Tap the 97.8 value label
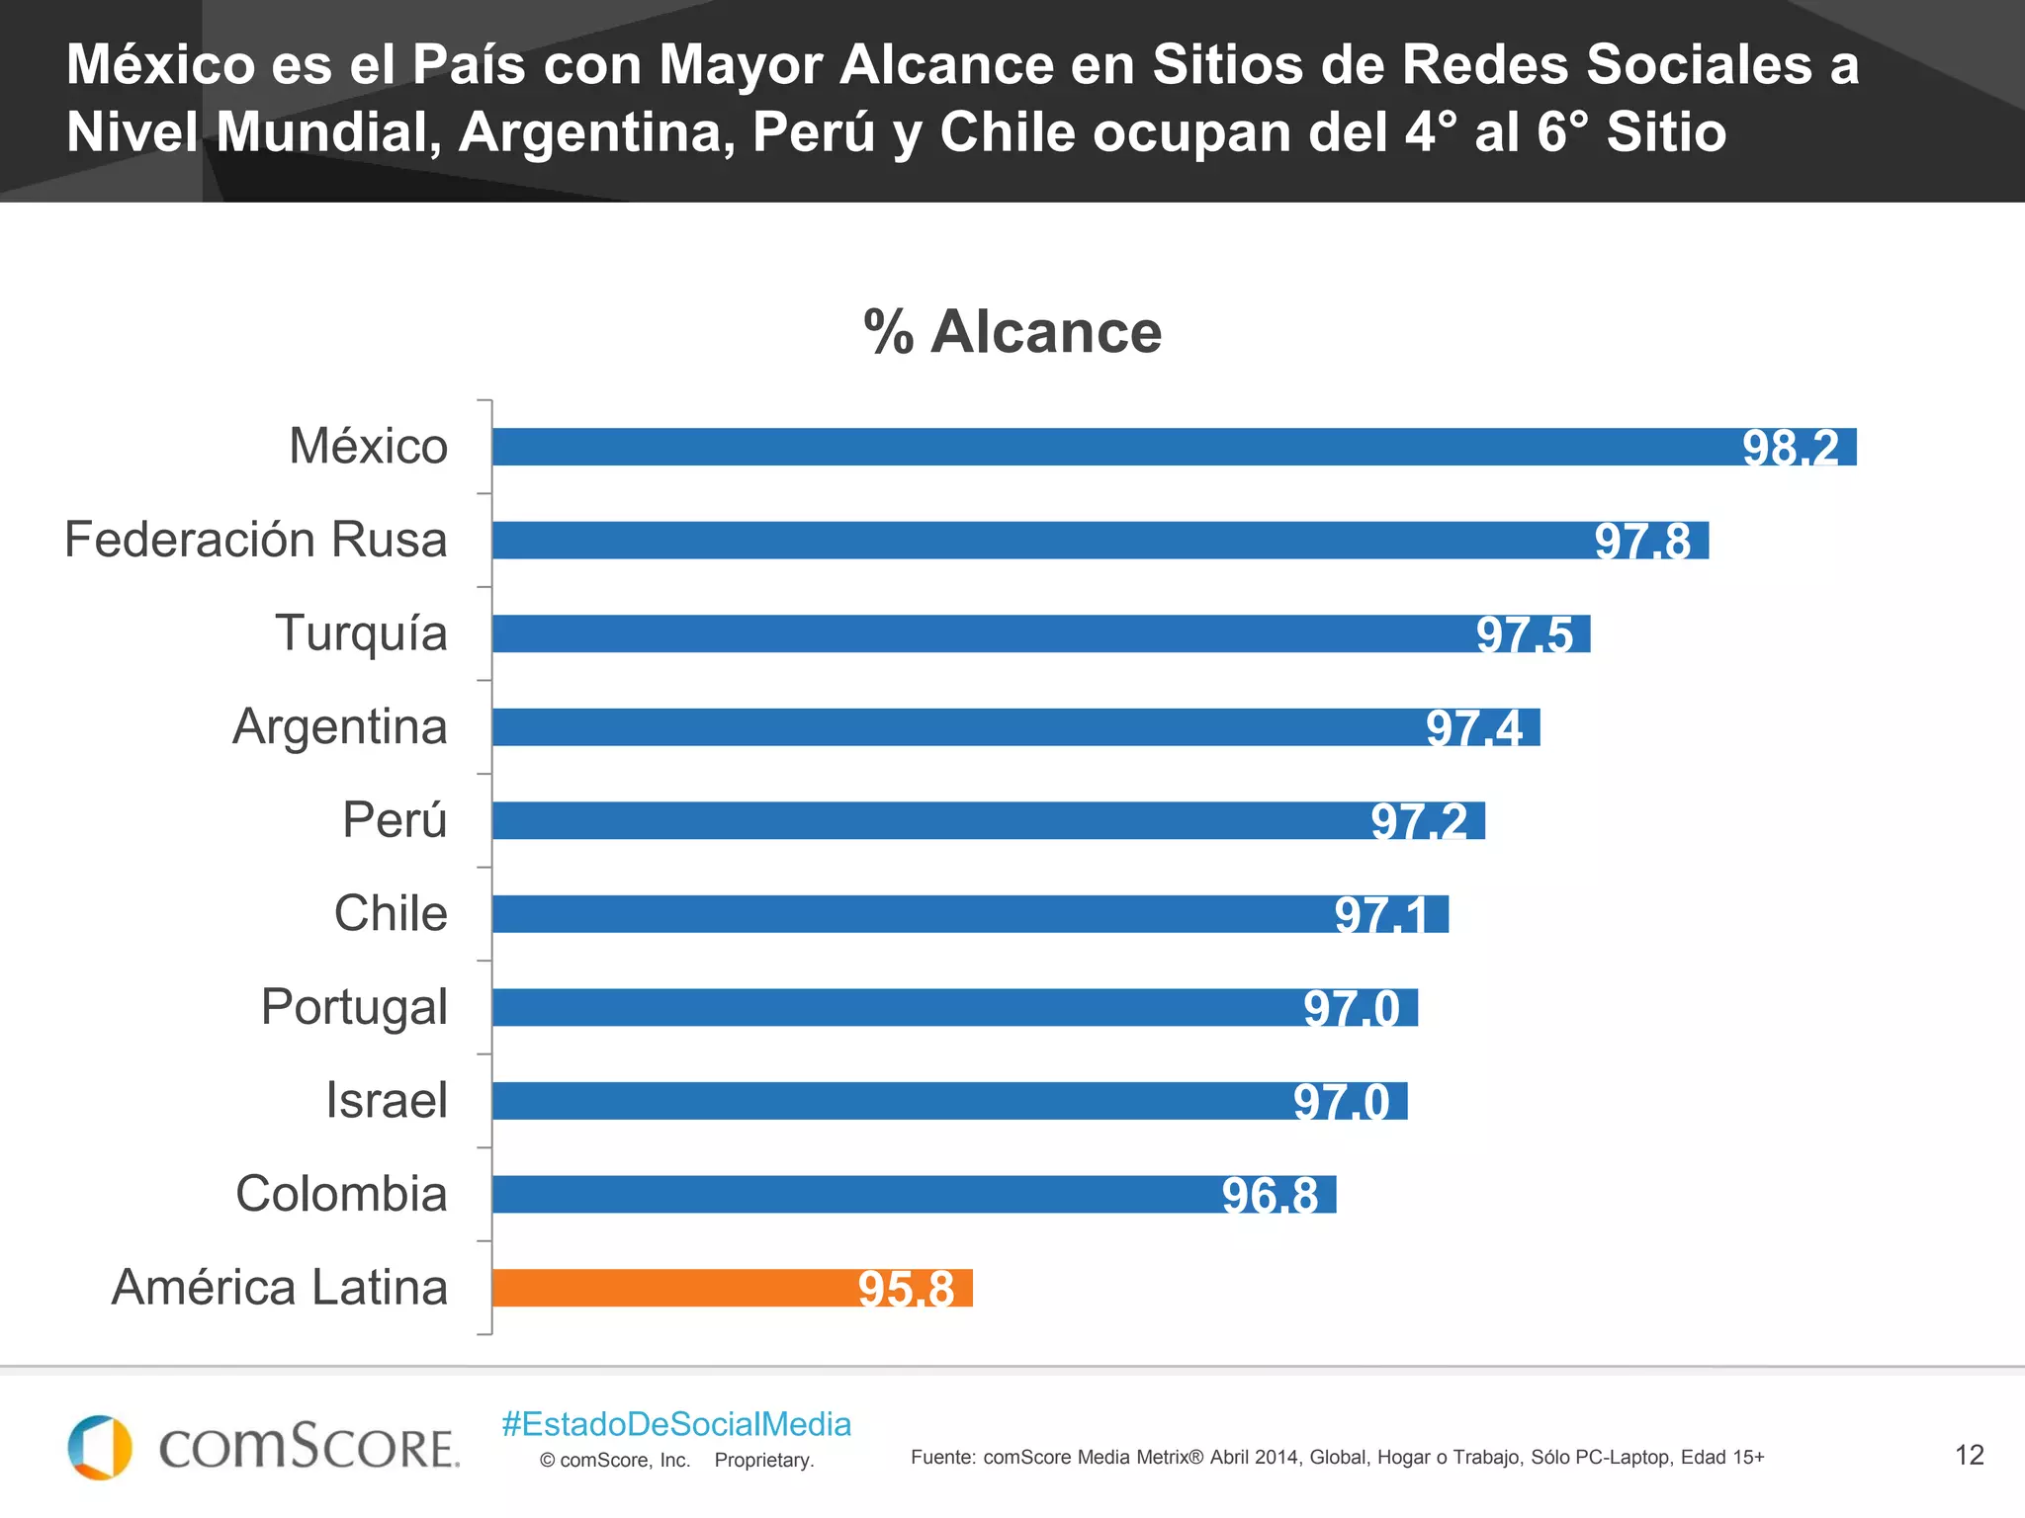[1642, 542]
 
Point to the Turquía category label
[361, 632]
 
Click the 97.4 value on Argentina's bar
[1473, 728]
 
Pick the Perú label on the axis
[395, 819]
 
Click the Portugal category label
[354, 1007]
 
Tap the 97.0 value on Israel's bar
[1341, 1102]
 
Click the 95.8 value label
[906, 1289]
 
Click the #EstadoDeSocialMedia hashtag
[676, 1424]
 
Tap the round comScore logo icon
[99, 1448]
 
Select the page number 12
[1969, 1455]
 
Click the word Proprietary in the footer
[763, 1461]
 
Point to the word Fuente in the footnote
[942, 1457]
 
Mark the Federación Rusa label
[255, 540]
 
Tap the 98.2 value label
[1790, 448]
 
